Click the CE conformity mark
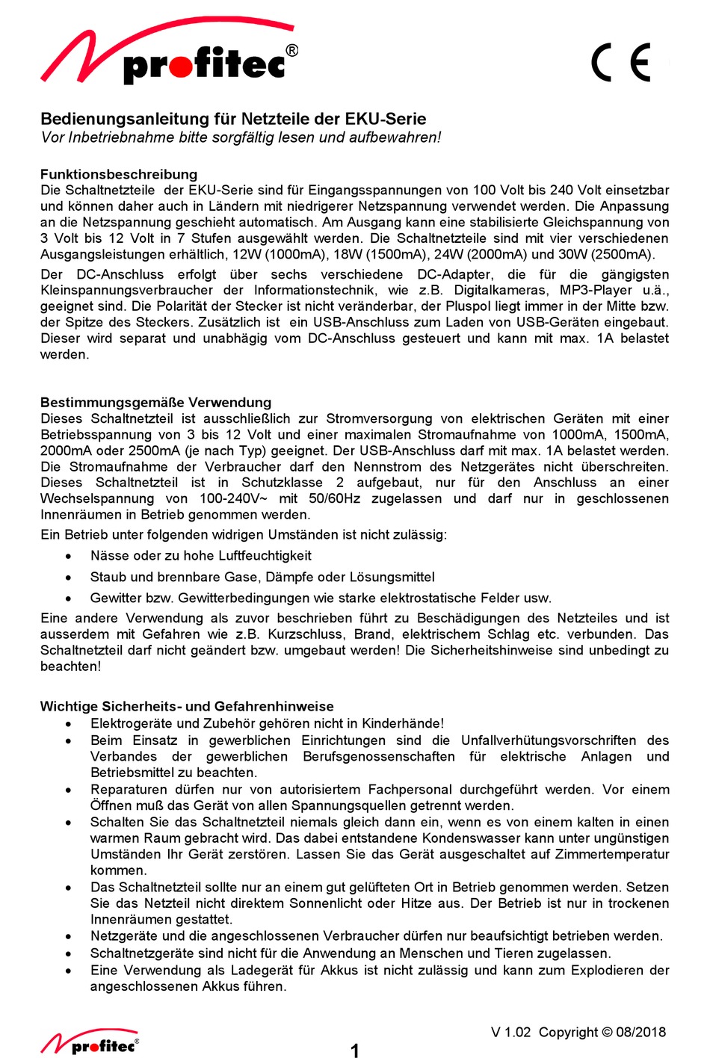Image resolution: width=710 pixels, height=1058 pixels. tap(621, 63)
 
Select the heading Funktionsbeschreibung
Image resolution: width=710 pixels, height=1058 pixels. tap(119, 174)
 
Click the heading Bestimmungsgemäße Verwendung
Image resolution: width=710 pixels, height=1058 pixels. tap(155, 402)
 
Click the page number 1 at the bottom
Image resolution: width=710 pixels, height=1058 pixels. tap(355, 1051)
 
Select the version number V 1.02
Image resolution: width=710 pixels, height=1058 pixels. tap(510, 1032)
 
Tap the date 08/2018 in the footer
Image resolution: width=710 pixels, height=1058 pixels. tap(640, 1032)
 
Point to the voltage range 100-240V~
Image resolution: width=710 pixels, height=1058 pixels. tap(233, 498)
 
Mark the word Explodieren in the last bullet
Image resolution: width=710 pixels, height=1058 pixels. tap(605, 970)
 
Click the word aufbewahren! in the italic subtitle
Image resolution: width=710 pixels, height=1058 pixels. tap(401, 137)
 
